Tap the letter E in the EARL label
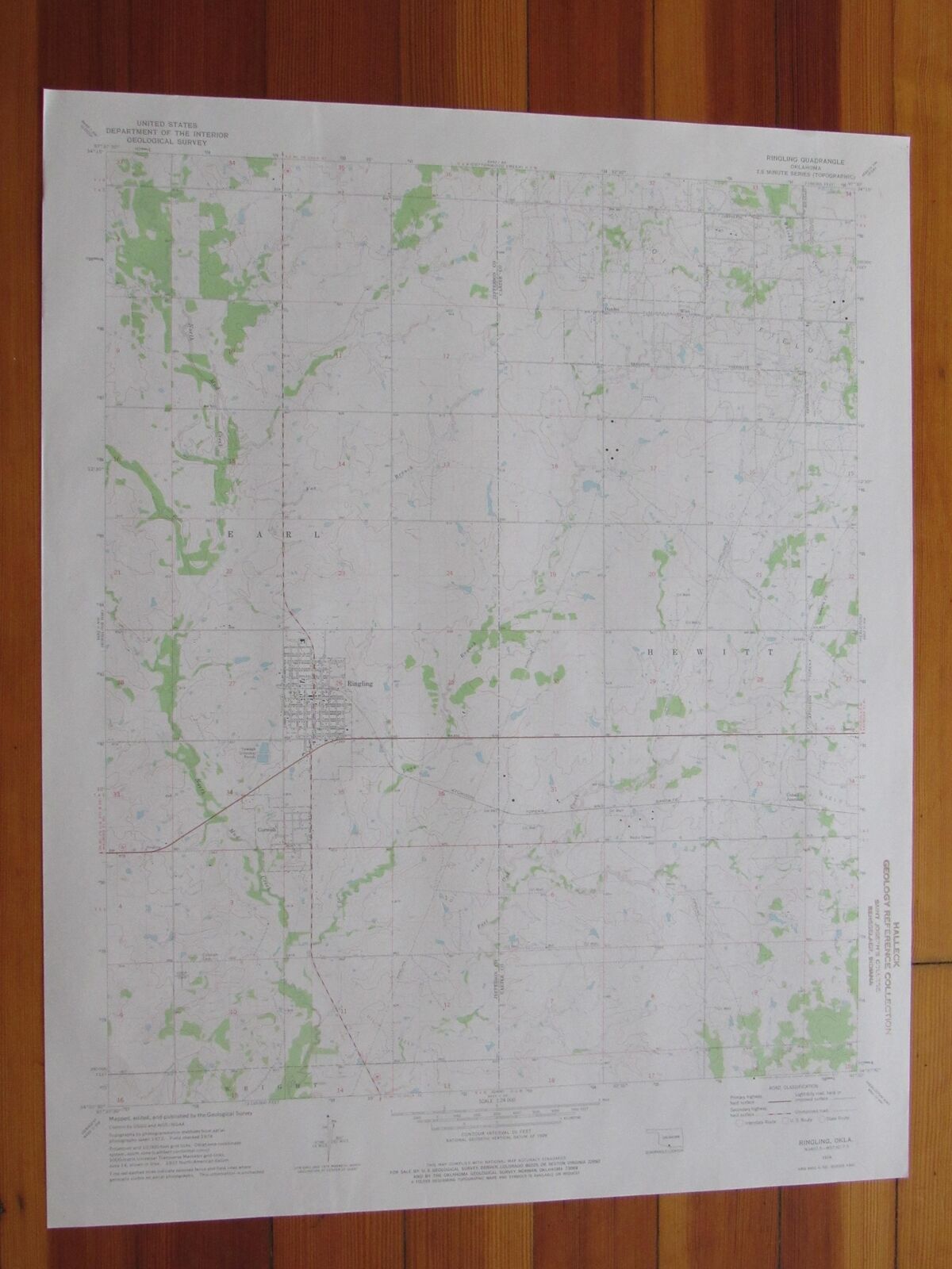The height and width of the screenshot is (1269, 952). (232, 535)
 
